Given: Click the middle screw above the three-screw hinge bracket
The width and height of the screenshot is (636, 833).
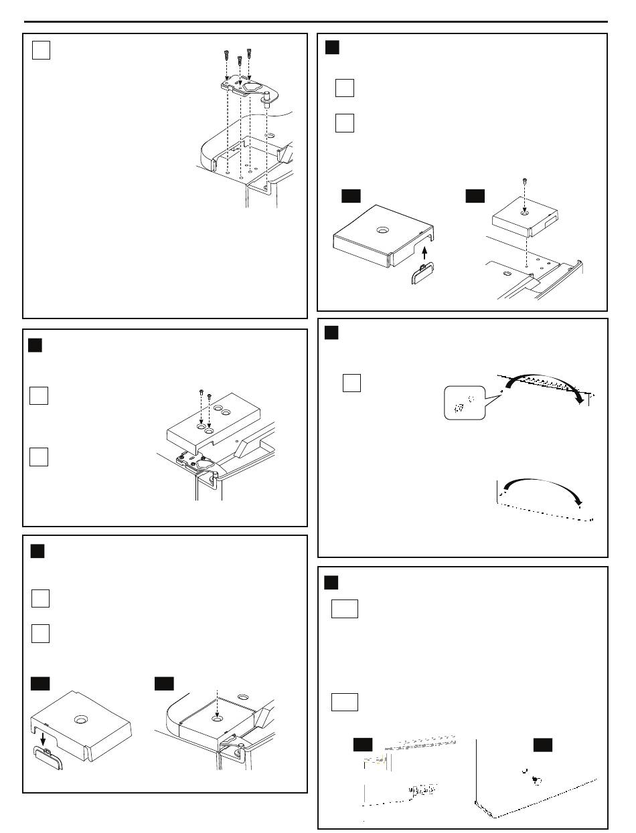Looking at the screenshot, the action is (x=240, y=61).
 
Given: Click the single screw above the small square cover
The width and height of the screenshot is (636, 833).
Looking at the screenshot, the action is (x=524, y=181).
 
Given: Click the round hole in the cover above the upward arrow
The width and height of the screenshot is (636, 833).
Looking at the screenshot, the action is (x=382, y=230).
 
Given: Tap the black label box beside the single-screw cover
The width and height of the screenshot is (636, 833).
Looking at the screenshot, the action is (x=475, y=195).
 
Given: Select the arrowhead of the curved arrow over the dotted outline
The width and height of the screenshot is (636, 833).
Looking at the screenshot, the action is (x=580, y=502).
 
